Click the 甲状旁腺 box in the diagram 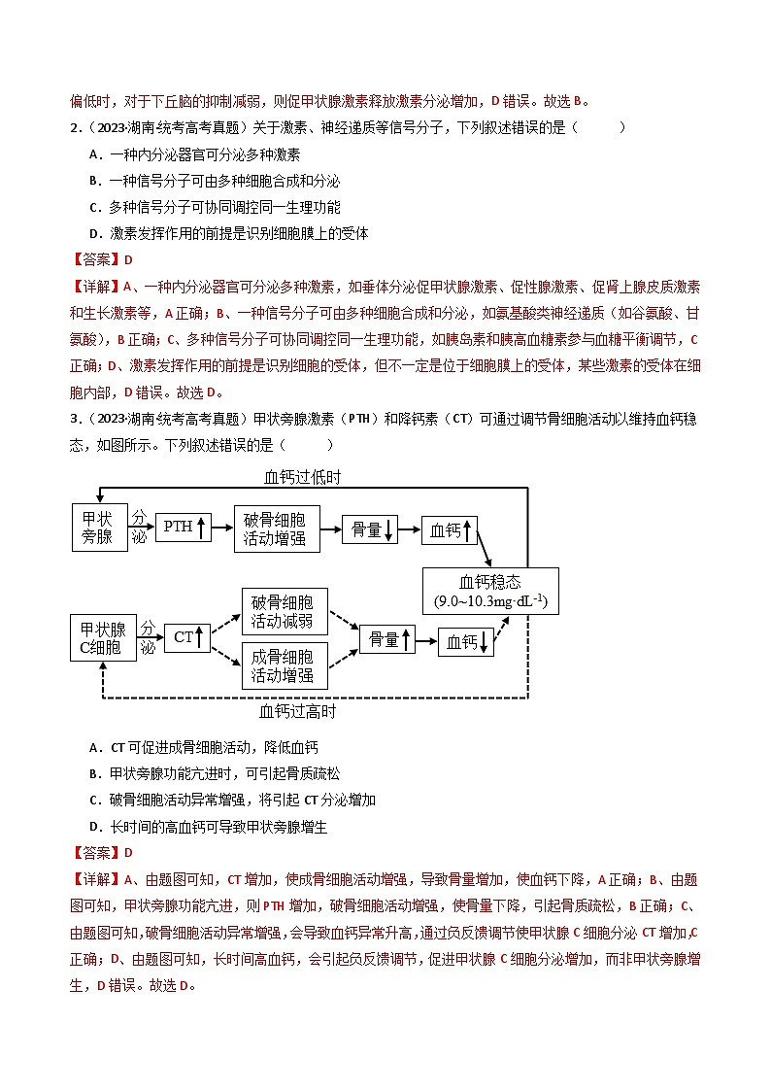coord(99,528)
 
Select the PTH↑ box coord(184,528)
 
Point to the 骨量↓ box coord(370,529)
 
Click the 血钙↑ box coord(450,529)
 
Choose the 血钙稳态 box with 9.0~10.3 coord(490,592)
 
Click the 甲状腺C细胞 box coord(102,637)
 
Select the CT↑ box coord(187,637)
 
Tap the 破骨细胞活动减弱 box coord(284,612)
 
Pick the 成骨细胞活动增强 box coord(284,665)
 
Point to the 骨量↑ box coord(386,639)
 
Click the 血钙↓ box coord(466,642)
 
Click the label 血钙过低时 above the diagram coord(302,477)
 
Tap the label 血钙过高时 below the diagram coord(298,712)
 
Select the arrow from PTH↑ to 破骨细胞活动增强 coord(222,528)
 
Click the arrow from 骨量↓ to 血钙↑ coord(409,529)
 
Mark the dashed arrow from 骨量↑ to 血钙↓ coord(426,640)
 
